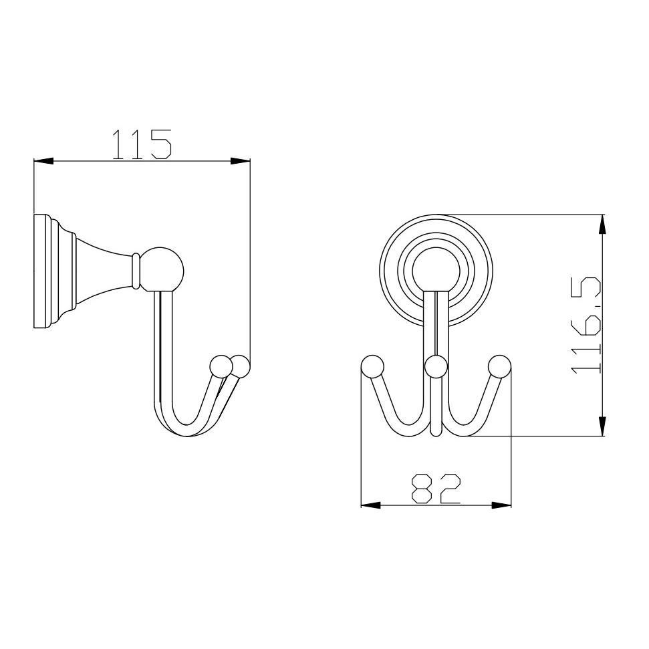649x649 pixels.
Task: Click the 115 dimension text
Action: pos(142,144)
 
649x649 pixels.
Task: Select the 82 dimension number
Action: pos(436,489)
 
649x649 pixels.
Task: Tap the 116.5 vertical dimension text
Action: pos(586,326)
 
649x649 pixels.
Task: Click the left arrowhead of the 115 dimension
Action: pos(43,161)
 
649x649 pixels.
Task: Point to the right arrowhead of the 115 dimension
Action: pos(241,161)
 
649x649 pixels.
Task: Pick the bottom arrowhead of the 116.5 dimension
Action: pos(603,426)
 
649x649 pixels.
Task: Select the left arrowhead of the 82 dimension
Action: pos(371,505)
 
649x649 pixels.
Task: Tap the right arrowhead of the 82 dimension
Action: pos(501,505)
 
